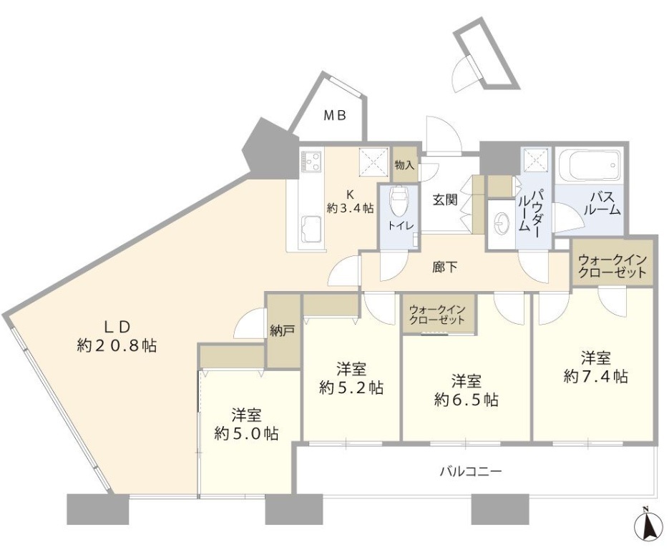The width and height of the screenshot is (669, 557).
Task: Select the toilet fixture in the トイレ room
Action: [398, 202]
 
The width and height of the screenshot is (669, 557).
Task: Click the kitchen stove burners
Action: [312, 162]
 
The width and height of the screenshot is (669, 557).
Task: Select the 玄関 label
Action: [444, 201]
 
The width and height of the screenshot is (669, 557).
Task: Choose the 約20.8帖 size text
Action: [117, 346]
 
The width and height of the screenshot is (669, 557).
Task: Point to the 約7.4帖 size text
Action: [595, 376]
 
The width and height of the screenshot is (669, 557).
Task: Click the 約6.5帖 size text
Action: [466, 400]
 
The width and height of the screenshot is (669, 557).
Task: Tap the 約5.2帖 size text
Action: [351, 388]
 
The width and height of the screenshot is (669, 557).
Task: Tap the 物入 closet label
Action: [404, 165]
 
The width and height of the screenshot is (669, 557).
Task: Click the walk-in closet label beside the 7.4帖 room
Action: [612, 266]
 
